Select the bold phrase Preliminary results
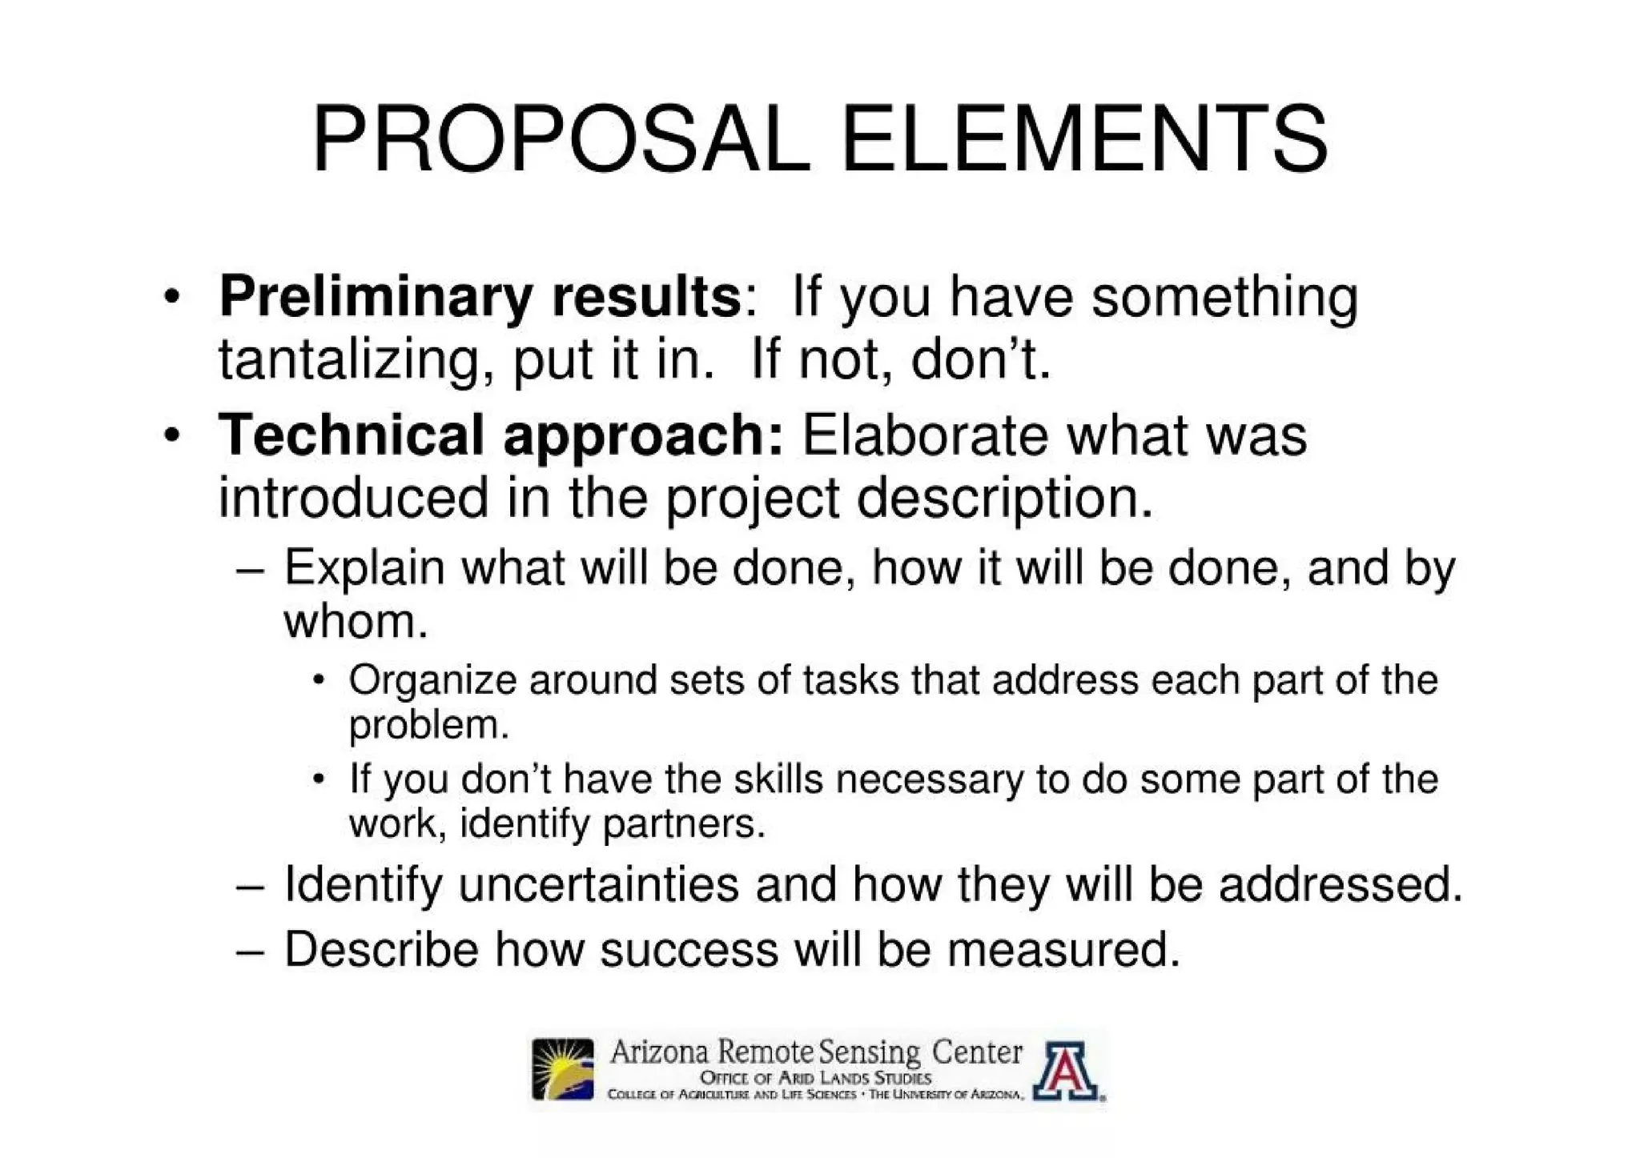[x=480, y=297]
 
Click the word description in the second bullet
[x=1004, y=499]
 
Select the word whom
[x=355, y=621]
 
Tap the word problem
[x=428, y=725]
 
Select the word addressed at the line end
[x=1340, y=885]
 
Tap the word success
[x=689, y=950]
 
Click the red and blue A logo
[x=1065, y=1071]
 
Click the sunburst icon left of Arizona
[x=563, y=1069]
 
